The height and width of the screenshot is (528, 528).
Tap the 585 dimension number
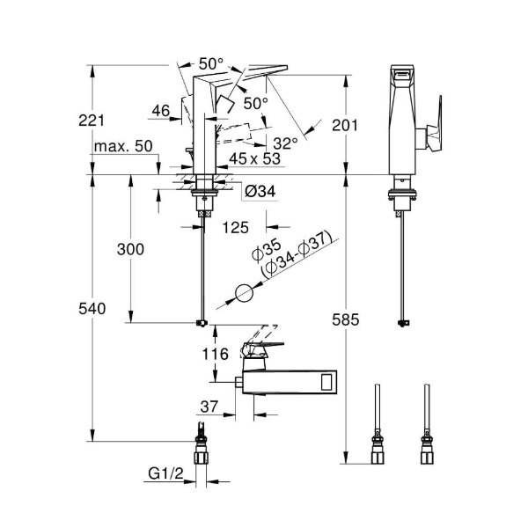point(346,320)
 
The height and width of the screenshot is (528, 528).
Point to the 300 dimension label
point(131,249)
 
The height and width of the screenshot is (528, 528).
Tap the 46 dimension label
point(160,110)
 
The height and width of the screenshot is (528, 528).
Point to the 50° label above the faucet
point(211,63)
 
